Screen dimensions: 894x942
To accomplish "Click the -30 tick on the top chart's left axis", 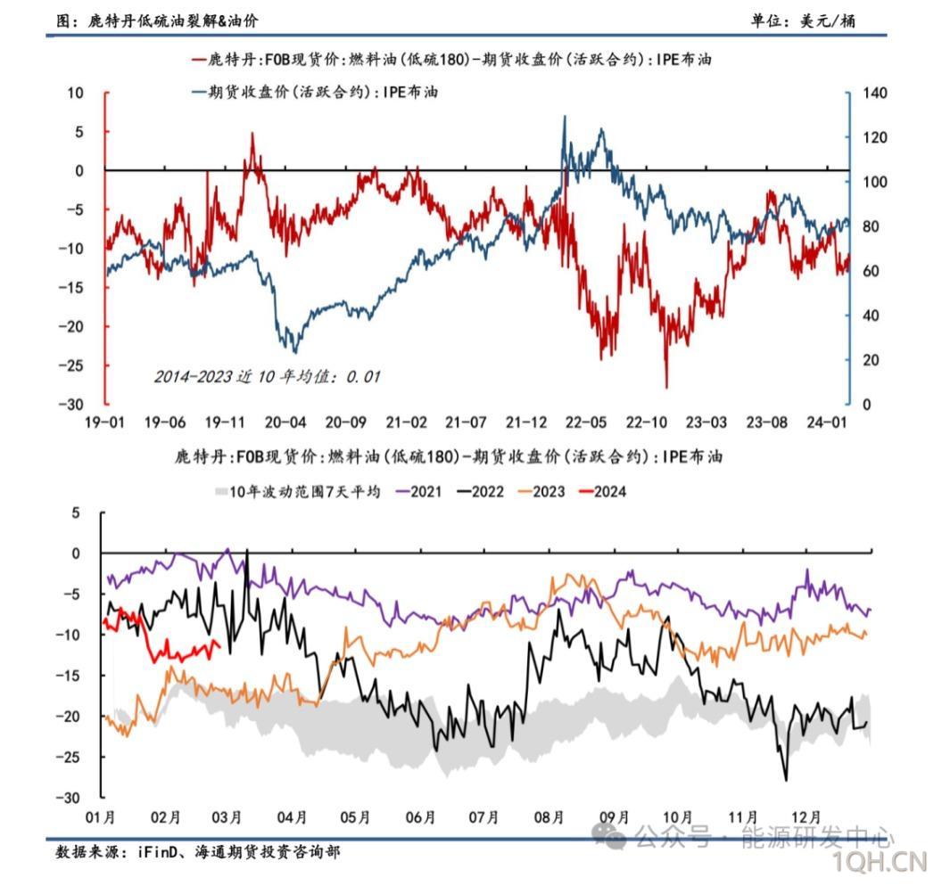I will [70, 404].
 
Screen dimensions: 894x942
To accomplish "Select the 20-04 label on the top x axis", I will [285, 422].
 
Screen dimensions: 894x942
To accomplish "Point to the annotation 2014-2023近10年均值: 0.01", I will [267, 376].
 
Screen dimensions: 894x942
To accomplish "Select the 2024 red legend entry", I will [607, 490].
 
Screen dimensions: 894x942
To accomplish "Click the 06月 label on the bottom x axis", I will [420, 816].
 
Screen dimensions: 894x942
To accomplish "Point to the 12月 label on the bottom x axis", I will [806, 816].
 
